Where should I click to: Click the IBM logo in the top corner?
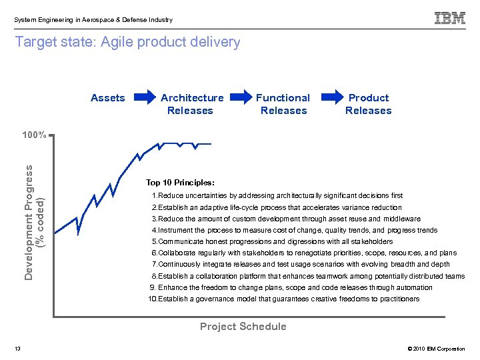pos(450,19)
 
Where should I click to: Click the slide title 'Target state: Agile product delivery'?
pos(127,43)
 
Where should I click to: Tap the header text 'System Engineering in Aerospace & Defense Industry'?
pos(93,20)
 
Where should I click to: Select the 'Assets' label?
pos(108,98)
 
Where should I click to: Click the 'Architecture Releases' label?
pos(191,104)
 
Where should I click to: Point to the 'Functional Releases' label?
pos(283,104)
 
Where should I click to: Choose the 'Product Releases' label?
pos(369,104)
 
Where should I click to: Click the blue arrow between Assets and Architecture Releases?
pos(143,98)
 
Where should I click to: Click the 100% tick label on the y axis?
pos(33,135)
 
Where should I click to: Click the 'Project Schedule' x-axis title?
pos(243,327)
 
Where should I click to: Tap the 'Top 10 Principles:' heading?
pos(180,183)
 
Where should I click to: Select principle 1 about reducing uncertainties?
pos(277,196)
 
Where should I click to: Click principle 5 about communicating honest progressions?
pos(272,241)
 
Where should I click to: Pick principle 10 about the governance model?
pos(284,299)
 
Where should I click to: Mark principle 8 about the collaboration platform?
pos(308,276)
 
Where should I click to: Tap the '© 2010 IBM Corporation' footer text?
pos(435,349)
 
